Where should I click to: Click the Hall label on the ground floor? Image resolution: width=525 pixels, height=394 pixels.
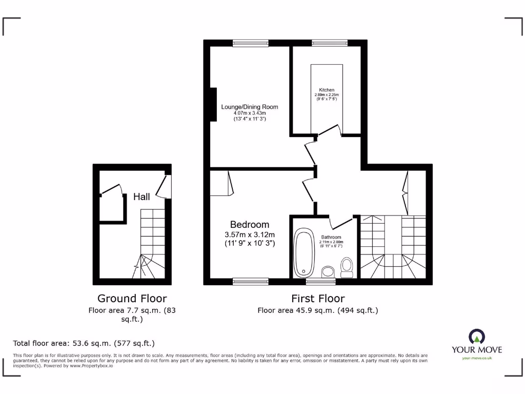coord(142,196)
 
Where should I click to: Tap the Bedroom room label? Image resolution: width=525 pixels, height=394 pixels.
coord(250,225)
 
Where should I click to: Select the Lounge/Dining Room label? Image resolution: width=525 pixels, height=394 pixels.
coord(250,107)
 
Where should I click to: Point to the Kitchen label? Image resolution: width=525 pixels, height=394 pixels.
coord(327,90)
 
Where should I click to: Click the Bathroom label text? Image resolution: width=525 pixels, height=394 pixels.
coord(331,238)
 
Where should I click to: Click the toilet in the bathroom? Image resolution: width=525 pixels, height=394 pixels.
coord(347,267)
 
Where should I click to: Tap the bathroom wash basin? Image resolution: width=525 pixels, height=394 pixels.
coord(327,271)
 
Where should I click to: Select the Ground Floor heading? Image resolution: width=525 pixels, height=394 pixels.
coord(132,299)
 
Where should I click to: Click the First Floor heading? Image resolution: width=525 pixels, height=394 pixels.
coord(318,299)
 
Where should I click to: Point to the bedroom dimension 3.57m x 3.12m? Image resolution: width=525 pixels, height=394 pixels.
coord(250,235)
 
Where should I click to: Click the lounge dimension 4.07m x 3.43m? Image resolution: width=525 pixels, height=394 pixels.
coord(250,113)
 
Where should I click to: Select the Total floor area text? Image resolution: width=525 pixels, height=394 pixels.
coord(84,343)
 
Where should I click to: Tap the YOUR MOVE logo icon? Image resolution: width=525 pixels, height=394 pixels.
coord(477,337)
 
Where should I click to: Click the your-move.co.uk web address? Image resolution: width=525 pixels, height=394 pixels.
coord(477,358)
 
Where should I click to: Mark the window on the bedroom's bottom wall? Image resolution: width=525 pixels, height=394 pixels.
coord(250,281)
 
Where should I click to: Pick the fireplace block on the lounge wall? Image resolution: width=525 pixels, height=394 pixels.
coord(213,105)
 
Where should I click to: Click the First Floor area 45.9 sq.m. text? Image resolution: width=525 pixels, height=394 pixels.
coord(318,310)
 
